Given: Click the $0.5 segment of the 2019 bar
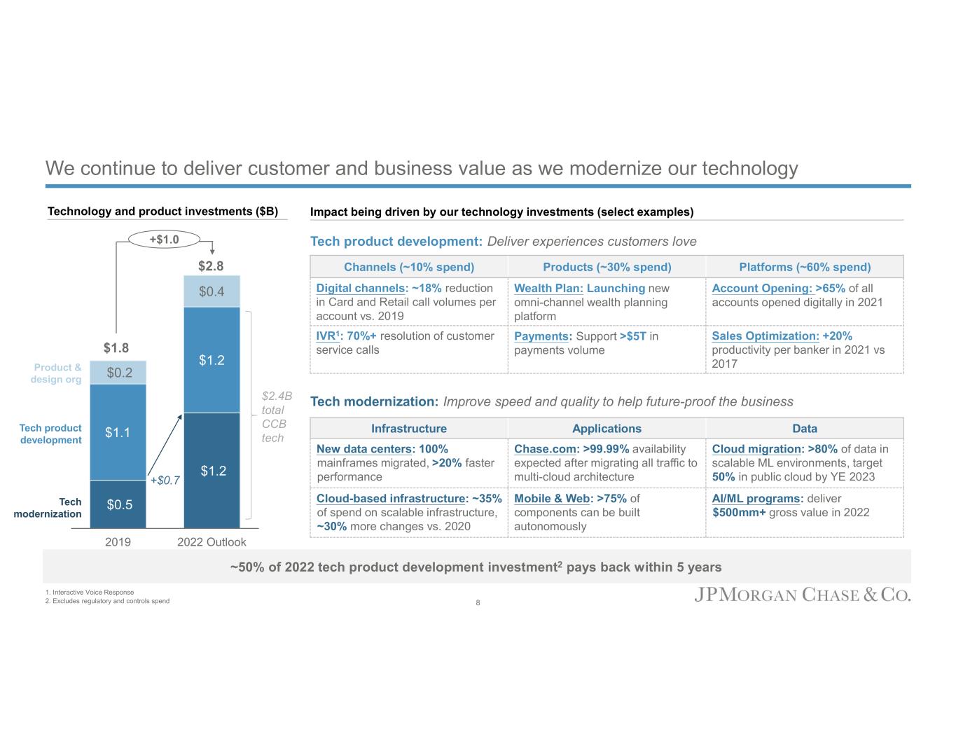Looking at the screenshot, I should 118,504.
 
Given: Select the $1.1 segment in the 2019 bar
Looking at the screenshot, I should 118,432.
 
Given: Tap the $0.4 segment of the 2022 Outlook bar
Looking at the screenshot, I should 212,291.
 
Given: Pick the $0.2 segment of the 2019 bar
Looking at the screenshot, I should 119,373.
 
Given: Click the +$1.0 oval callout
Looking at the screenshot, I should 165,240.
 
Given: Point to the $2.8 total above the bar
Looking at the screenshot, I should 211,266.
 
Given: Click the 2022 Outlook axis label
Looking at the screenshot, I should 212,542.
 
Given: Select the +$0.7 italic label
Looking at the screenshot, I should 165,481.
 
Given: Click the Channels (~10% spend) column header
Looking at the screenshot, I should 409,267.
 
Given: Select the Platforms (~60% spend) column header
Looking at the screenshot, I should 805,267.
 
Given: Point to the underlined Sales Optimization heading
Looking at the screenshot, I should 766,336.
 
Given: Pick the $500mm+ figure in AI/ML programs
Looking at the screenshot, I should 739,513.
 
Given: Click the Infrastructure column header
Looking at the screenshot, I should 409,429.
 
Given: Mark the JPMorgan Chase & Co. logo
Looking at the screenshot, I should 803,595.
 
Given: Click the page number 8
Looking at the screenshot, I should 478,602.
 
